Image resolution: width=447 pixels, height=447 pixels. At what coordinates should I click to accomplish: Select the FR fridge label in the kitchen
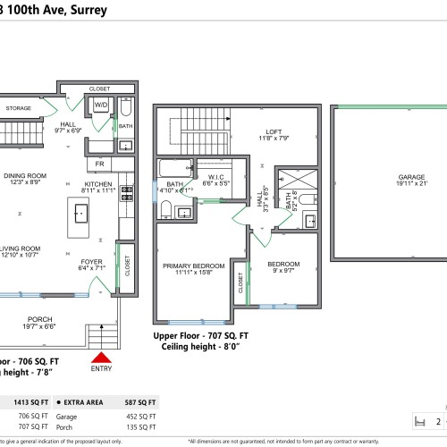(100, 165)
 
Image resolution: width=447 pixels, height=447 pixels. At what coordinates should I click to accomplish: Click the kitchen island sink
(80, 212)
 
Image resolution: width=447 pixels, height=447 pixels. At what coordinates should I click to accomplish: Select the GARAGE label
(386, 177)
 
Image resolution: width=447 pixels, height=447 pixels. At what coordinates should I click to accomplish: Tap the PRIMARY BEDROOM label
(193, 266)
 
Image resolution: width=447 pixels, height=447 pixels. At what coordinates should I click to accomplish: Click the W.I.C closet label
(216, 176)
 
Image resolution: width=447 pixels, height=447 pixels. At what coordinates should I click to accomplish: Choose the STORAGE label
(18, 108)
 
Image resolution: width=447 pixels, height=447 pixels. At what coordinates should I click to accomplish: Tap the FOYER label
(92, 262)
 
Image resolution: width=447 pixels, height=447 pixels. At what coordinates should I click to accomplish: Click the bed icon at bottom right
(416, 421)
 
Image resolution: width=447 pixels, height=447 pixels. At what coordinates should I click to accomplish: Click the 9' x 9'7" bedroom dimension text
(282, 272)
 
